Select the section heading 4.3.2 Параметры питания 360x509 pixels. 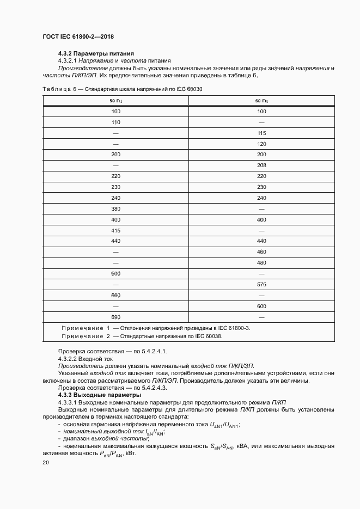click(x=96, y=53)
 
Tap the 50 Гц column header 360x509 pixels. click(x=115, y=101)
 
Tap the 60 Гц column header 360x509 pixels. click(x=261, y=101)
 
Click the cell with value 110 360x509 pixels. click(x=115, y=122)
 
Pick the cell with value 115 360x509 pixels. click(x=261, y=133)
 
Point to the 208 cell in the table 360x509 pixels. click(x=261, y=165)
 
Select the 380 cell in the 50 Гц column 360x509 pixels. click(x=115, y=208)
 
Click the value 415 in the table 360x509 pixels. click(x=115, y=230)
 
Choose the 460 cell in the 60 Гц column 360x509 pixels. click(x=261, y=252)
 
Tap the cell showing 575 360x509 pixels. click(x=261, y=284)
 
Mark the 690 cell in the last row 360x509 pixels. click(x=115, y=317)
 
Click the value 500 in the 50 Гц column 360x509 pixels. click(x=115, y=273)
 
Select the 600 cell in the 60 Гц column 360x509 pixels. click(x=261, y=306)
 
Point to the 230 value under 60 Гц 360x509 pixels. click(x=261, y=187)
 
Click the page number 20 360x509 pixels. click(x=46, y=462)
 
